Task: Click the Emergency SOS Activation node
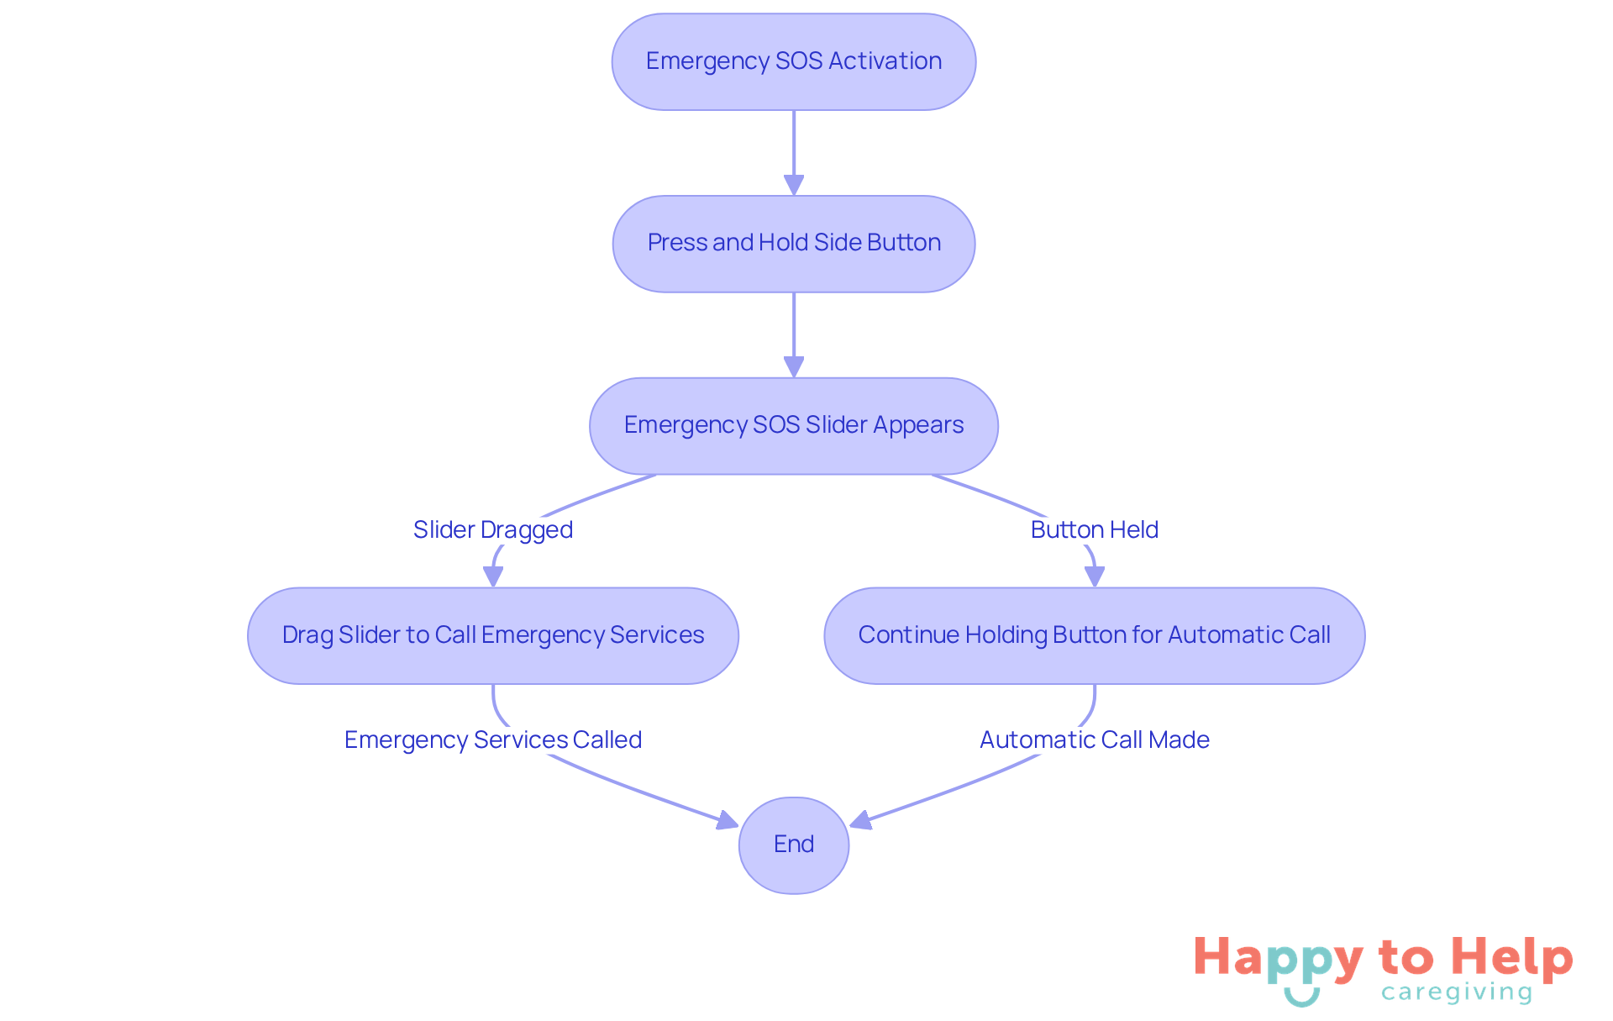click(794, 61)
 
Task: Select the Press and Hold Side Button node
click(794, 244)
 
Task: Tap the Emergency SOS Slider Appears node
click(794, 426)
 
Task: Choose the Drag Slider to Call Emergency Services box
click(493, 635)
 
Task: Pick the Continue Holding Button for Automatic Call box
click(1095, 635)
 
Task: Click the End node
click(794, 845)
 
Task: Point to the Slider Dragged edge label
click(493, 529)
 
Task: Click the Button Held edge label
click(1095, 529)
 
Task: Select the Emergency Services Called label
click(493, 739)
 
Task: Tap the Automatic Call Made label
click(1095, 739)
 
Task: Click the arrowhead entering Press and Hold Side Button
click(794, 185)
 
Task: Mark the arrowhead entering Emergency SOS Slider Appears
click(794, 367)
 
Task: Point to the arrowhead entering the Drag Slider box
click(493, 576)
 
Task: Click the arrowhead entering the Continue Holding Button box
click(1095, 576)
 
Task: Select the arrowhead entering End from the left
click(728, 821)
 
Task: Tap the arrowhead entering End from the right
click(860, 821)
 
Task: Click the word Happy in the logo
click(1278, 959)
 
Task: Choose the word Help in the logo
click(1512, 957)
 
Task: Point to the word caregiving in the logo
click(1457, 992)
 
